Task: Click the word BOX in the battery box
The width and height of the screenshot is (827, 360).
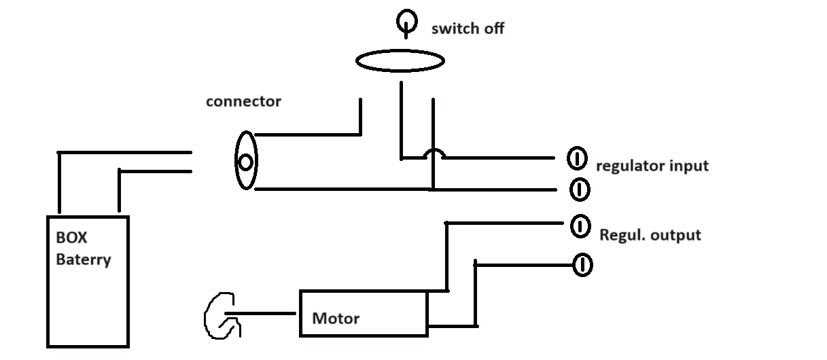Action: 71,239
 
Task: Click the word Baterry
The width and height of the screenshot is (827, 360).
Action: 84,259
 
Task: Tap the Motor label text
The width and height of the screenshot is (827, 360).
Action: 336,318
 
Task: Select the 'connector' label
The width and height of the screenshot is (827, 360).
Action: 243,102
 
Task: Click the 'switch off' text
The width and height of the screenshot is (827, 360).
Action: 468,29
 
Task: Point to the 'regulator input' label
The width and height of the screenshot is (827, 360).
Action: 652,166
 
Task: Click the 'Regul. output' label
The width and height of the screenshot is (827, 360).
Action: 650,235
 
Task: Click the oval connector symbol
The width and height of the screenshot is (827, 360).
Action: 245,161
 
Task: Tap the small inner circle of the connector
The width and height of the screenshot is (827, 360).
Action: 246,162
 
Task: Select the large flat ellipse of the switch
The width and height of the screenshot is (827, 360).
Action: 400,61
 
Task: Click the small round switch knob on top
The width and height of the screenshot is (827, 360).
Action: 406,22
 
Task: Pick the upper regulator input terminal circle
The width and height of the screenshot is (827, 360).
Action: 576,159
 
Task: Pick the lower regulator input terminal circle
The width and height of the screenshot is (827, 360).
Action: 579,188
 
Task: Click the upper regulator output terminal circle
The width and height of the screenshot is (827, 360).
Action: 580,226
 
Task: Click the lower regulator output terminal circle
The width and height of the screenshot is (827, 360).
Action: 582,264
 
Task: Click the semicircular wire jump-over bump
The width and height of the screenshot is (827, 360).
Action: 434,154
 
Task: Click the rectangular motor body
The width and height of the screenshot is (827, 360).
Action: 364,314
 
